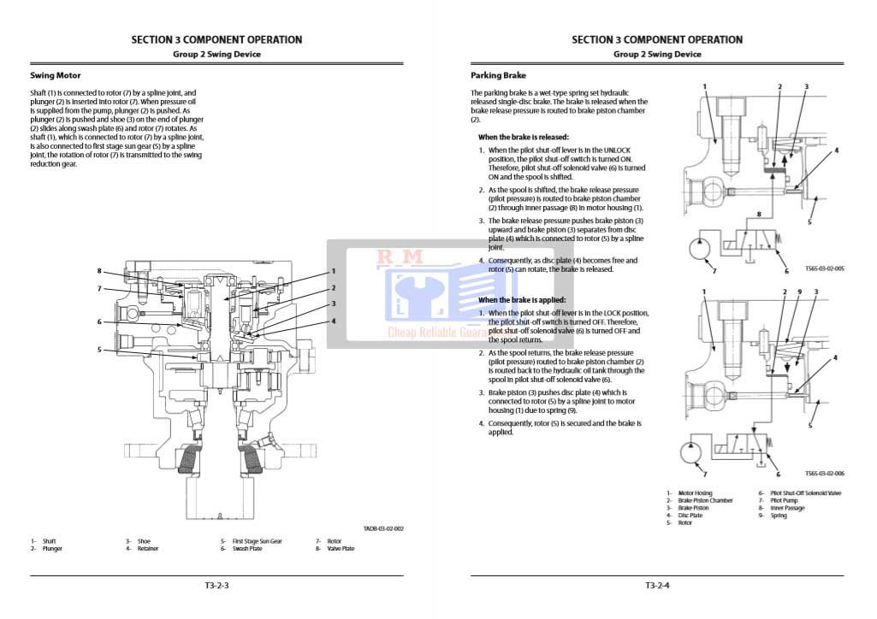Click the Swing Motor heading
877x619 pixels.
[x=56, y=75]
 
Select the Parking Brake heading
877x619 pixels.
[x=498, y=75]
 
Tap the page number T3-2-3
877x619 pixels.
[x=216, y=586]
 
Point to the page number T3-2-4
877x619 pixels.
[x=658, y=586]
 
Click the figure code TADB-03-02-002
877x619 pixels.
[x=383, y=528]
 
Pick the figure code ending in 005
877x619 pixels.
[x=825, y=268]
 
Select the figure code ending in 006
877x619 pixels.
[x=825, y=473]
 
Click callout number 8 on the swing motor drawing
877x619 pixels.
[x=99, y=271]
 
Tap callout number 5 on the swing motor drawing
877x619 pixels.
[x=99, y=349]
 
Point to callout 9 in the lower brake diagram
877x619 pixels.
[x=798, y=292]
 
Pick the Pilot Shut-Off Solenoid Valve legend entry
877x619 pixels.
[x=805, y=493]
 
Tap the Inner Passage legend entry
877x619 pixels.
[x=787, y=509]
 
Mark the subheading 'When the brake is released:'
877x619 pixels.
[x=523, y=137]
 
